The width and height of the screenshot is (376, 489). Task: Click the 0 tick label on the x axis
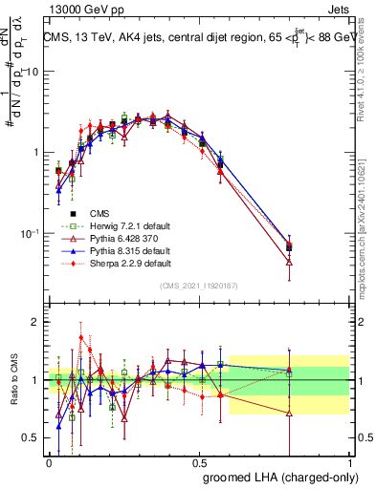pyautogui.click(x=49, y=462)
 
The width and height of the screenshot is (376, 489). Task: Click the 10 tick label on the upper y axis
pyautogui.click(x=31, y=72)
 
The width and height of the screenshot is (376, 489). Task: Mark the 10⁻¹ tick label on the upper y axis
pyautogui.click(x=29, y=234)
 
